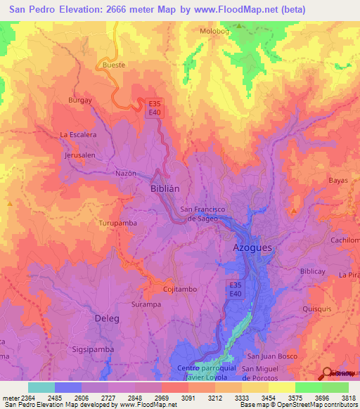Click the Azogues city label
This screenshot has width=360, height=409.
pyautogui.click(x=252, y=249)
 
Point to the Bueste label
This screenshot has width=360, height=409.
pyautogui.click(x=114, y=65)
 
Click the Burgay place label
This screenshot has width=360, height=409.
pyautogui.click(x=79, y=100)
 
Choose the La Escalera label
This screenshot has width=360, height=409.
pyautogui.click(x=77, y=134)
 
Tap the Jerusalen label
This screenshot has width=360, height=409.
pyautogui.click(x=79, y=155)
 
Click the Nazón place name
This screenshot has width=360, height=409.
pyautogui.click(x=124, y=173)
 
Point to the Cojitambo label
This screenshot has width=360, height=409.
pyautogui.click(x=179, y=289)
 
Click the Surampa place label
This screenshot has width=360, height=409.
pyautogui.click(x=146, y=305)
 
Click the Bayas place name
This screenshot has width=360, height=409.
pyautogui.click(x=338, y=181)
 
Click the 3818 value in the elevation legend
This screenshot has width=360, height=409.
pyautogui.click(x=349, y=398)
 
